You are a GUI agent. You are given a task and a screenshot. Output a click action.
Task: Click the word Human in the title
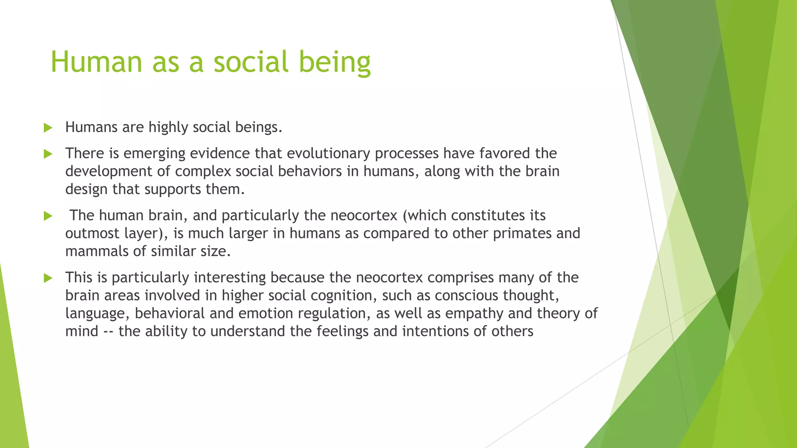click(x=96, y=62)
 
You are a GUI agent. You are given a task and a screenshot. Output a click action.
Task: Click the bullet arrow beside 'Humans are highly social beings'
click(x=48, y=128)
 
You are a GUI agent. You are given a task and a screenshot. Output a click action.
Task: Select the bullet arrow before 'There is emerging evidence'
click(x=48, y=154)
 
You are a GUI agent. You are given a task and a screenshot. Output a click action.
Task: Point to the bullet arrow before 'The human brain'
click(x=48, y=216)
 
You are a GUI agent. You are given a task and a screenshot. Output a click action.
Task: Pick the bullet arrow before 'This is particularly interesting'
click(x=48, y=278)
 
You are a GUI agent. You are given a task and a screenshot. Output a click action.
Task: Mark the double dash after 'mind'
click(x=109, y=332)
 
